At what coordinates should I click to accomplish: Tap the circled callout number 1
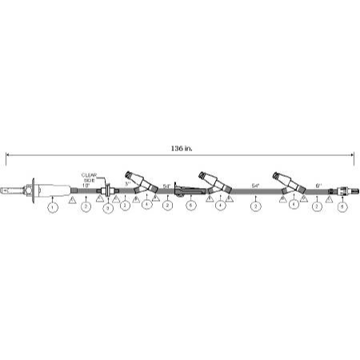click(x=53, y=207)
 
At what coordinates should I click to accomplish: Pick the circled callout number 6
click(x=190, y=206)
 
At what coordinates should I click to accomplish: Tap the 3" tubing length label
click(x=128, y=184)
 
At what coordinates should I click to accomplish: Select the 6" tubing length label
click(x=318, y=184)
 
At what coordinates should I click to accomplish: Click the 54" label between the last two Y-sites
click(x=255, y=185)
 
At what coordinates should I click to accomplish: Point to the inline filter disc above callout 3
click(x=108, y=190)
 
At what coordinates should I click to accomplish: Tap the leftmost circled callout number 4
click(x=146, y=206)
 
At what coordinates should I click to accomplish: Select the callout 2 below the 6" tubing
click(x=318, y=206)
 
